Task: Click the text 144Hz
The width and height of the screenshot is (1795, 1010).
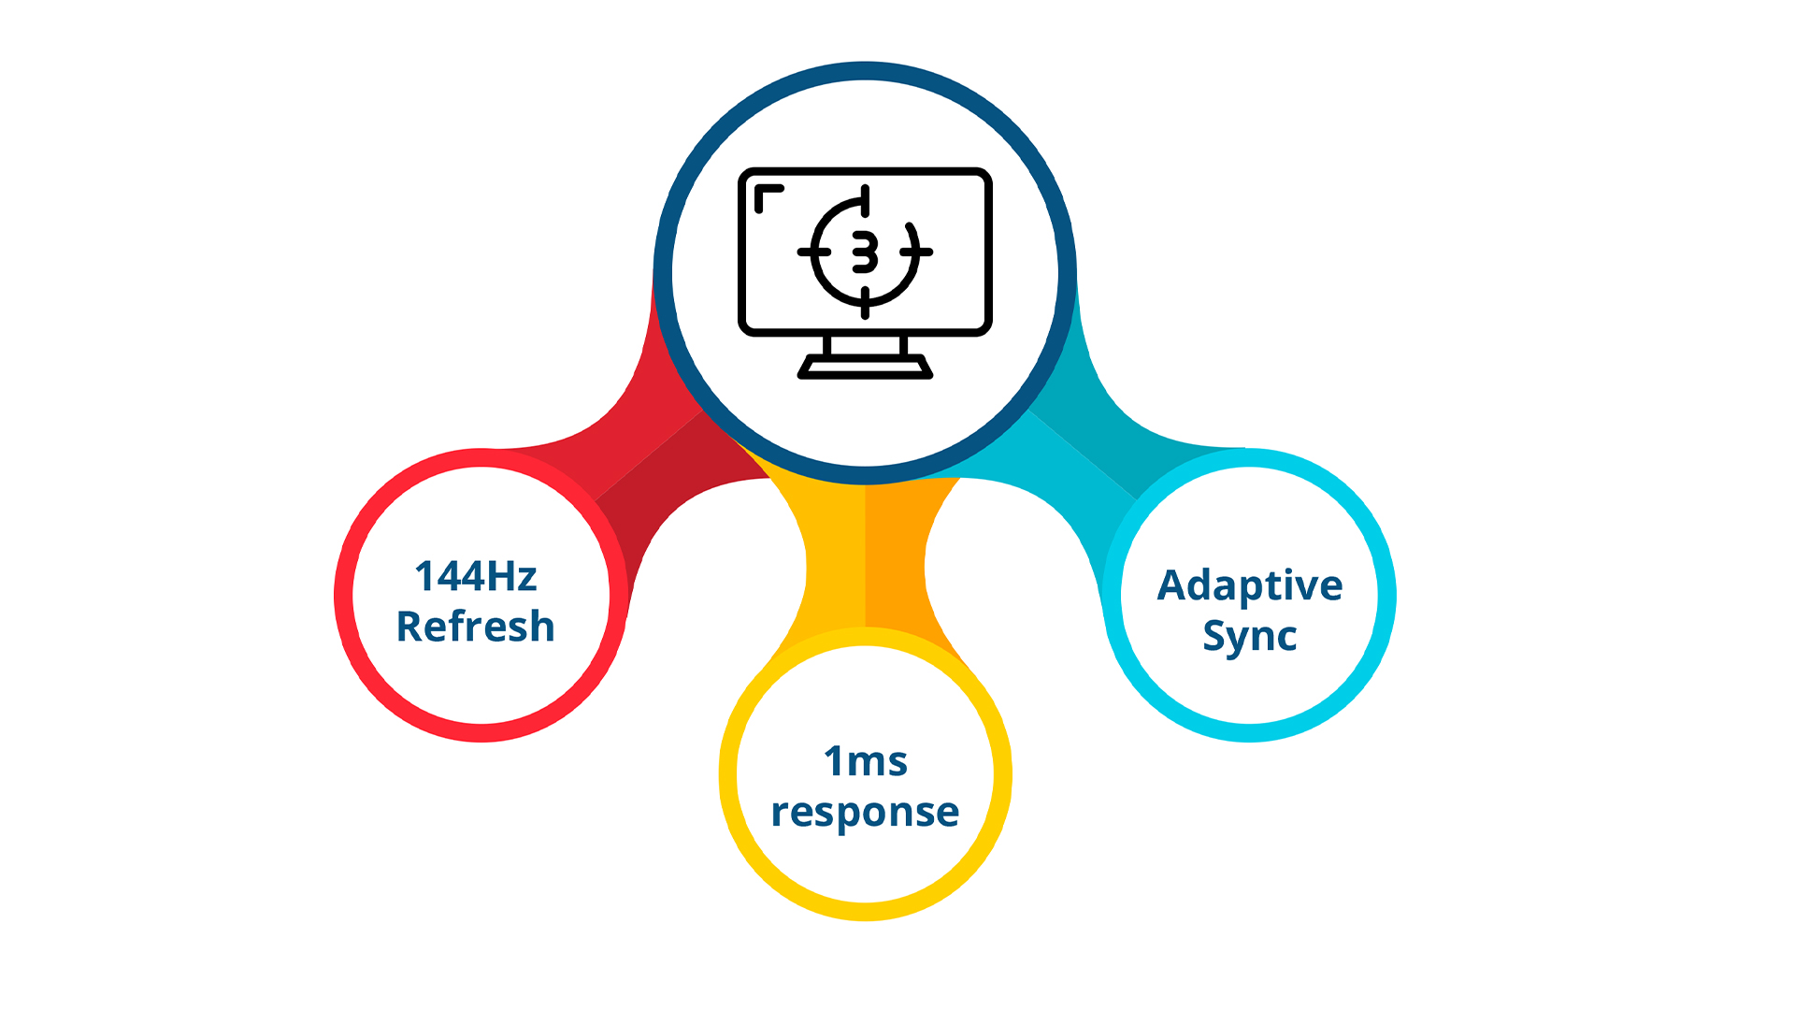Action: click(x=476, y=576)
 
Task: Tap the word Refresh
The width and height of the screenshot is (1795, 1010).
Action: click(x=476, y=627)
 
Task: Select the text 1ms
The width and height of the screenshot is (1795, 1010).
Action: click(x=866, y=762)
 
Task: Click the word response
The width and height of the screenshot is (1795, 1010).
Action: click(x=866, y=812)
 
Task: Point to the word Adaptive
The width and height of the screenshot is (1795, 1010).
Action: click(x=1250, y=586)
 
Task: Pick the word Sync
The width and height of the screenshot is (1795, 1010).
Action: click(x=1250, y=636)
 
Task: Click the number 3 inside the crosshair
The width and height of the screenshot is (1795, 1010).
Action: click(x=865, y=252)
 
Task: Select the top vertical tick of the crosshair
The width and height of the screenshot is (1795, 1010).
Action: click(x=865, y=200)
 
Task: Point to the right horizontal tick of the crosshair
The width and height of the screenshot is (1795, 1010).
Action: click(x=917, y=252)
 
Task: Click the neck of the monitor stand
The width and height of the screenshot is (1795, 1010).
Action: click(x=865, y=346)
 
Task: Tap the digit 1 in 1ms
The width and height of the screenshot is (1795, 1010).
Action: click(x=833, y=762)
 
